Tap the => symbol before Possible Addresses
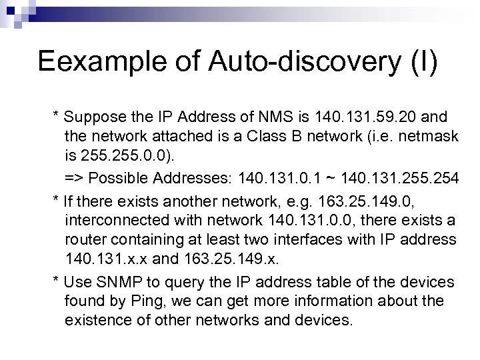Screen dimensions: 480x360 pos(74,179)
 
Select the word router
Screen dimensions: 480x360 pos(85,239)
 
